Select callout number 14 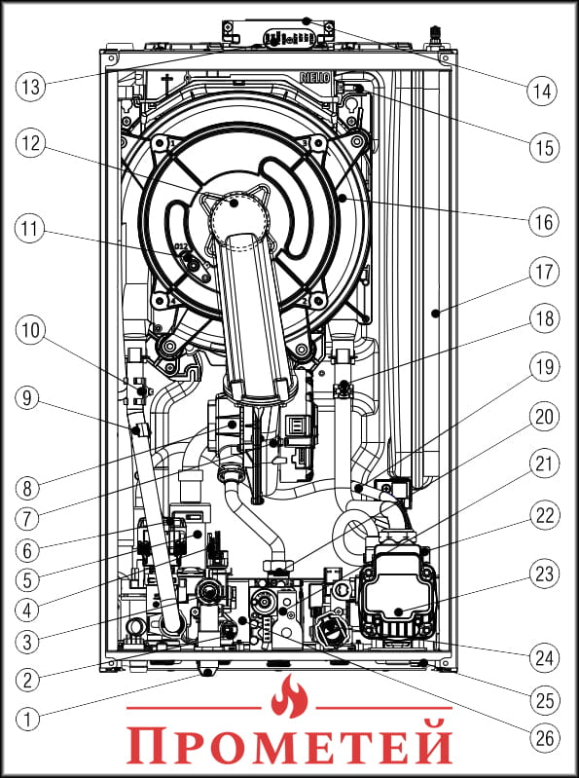(x=541, y=92)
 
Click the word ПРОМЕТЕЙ (x=289, y=744)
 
